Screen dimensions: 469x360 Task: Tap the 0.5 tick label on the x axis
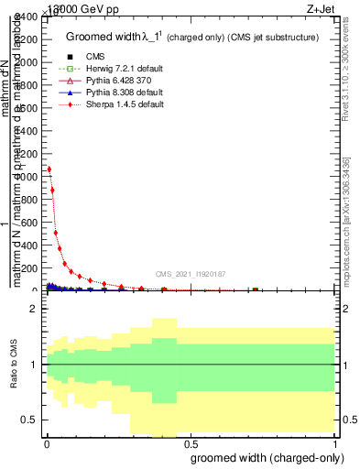(x=189, y=442)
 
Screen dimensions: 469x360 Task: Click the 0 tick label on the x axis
(x=46, y=442)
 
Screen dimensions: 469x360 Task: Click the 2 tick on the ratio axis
(x=32, y=310)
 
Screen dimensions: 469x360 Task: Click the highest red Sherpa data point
(x=49, y=169)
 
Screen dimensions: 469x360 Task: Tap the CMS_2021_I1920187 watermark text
(x=191, y=274)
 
